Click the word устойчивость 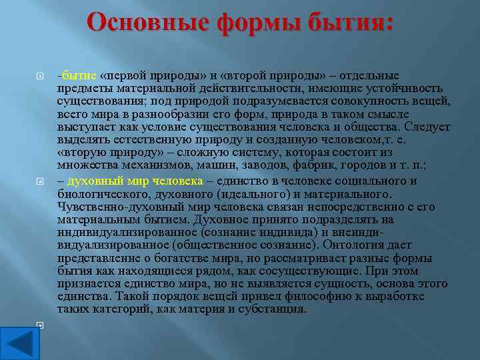point(407,88)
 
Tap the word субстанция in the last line point(273,309)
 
